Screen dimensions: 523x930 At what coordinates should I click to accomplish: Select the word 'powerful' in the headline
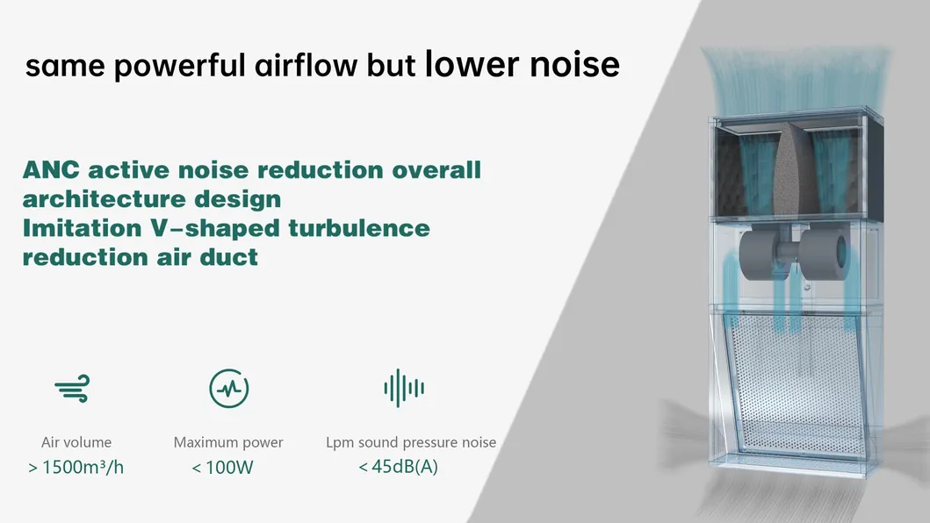coord(173,66)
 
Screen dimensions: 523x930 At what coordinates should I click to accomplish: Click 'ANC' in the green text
coord(51,169)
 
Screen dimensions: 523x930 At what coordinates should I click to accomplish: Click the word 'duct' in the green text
coord(229,257)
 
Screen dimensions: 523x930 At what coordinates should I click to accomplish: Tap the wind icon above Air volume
coord(72,387)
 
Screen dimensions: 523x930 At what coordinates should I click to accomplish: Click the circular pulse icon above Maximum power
coord(228,387)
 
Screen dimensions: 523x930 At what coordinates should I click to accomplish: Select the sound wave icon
coord(404,387)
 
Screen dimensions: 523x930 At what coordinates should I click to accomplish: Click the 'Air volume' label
coord(76,442)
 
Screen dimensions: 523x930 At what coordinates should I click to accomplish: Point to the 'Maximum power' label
coord(228,442)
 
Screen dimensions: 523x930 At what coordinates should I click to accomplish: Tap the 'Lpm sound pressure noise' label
coord(411,442)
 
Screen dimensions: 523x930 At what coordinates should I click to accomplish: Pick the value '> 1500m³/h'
coord(76,467)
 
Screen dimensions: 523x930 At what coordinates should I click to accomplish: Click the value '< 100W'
coord(223,468)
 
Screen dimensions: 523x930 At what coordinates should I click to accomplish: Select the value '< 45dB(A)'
coord(398,467)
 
